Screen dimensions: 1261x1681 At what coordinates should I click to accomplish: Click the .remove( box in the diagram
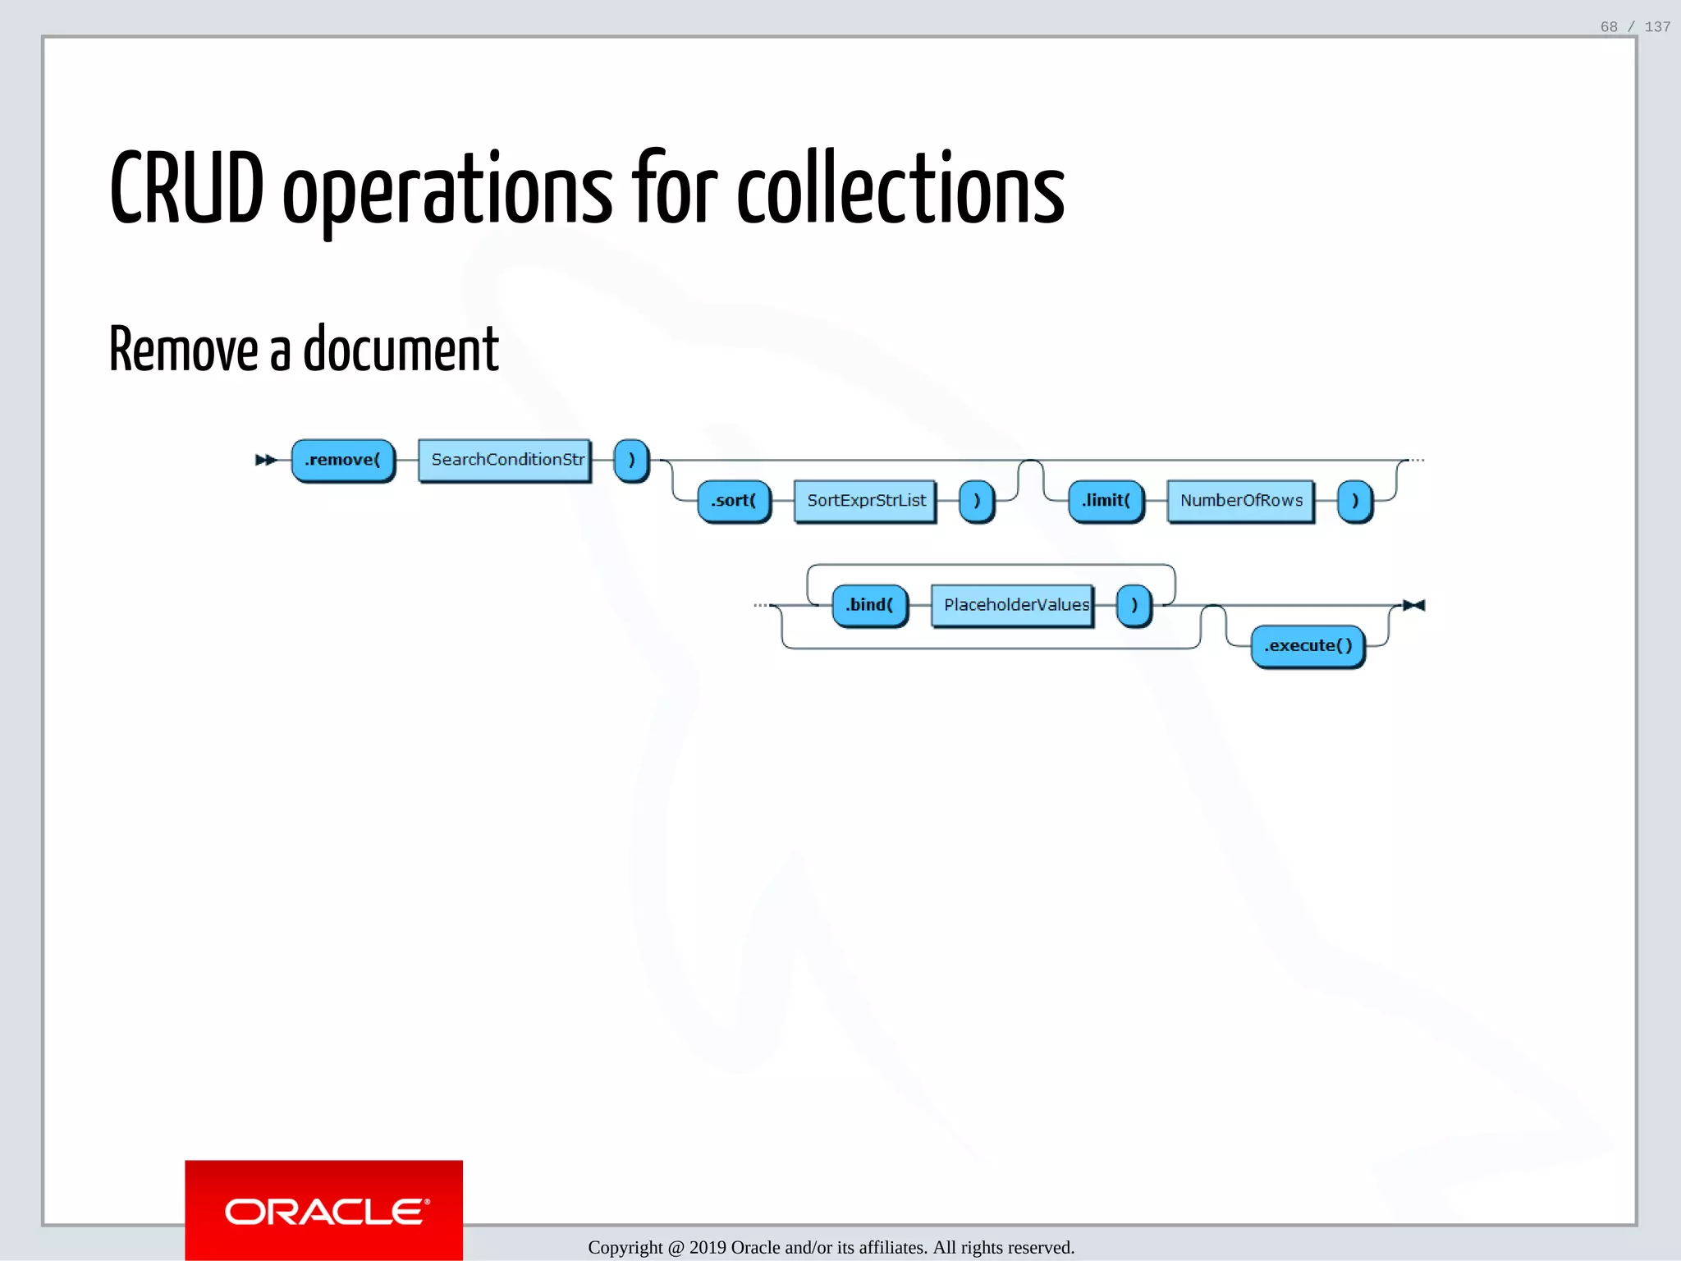coord(343,461)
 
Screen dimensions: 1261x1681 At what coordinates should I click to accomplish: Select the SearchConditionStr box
coord(505,461)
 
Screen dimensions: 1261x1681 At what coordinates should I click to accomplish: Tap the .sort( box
coord(734,501)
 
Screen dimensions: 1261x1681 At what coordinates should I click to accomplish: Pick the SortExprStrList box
coord(865,501)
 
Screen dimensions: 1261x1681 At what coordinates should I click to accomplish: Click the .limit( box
coord(1106,501)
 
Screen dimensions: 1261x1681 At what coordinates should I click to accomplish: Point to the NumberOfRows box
coord(1240,501)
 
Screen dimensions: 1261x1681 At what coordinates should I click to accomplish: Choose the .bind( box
coord(869,606)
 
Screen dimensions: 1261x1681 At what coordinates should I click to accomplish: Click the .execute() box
coord(1308,646)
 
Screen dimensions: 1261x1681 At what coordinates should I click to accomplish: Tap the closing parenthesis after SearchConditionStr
coord(631,461)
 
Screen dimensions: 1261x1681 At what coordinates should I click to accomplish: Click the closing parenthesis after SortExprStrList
coord(977,501)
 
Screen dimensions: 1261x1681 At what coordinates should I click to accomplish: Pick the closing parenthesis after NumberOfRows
coord(1354,501)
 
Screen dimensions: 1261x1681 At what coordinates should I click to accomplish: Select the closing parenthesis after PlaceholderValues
coord(1134,606)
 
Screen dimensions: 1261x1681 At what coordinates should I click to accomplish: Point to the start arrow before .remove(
coord(265,461)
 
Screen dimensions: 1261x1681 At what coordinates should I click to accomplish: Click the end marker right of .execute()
coord(1413,606)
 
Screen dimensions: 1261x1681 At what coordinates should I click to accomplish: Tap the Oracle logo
coord(324,1211)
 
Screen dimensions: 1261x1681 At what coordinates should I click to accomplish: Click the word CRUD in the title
coord(187,190)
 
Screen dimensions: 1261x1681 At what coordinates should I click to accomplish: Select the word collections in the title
coord(900,190)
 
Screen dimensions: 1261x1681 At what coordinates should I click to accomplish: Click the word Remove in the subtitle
coord(184,350)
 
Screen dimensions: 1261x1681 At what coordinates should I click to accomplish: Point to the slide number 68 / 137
coord(1634,27)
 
